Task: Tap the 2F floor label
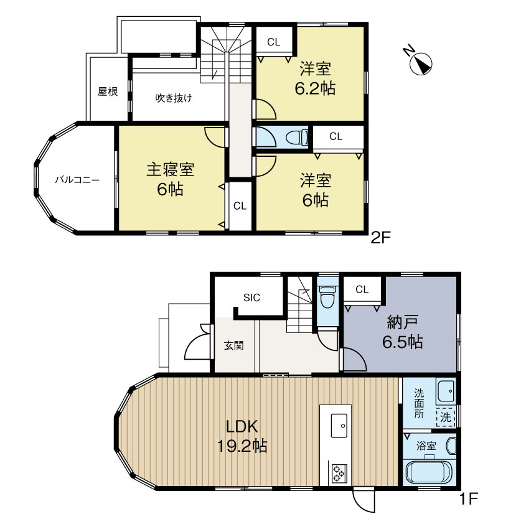(x=380, y=236)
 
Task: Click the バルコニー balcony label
(x=77, y=179)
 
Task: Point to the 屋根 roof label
(x=107, y=91)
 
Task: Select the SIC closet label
(x=251, y=297)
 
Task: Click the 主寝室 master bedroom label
(x=170, y=179)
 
